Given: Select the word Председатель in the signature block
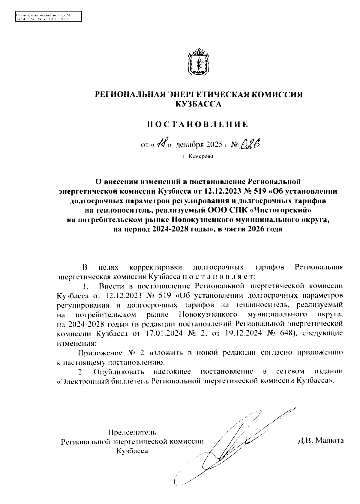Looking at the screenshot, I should (132, 432).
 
